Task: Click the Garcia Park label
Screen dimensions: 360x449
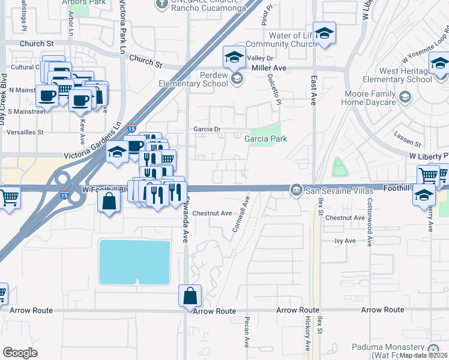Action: (265, 139)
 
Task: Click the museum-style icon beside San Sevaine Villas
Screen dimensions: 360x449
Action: (296, 191)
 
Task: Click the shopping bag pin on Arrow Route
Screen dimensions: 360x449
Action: (190, 296)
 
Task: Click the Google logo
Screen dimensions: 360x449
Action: (20, 352)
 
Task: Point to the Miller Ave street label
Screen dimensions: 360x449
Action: (270, 68)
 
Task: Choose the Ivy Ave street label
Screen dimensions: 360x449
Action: (345, 241)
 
